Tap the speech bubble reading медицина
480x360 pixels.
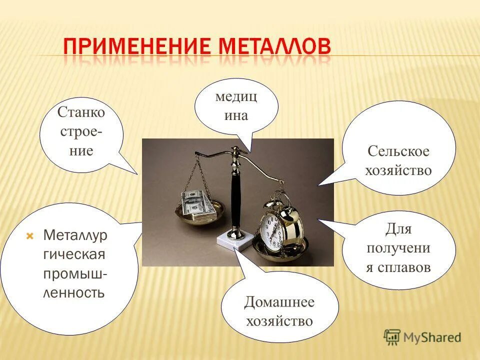pyautogui.click(x=236, y=105)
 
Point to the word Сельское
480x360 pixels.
pyautogui.click(x=398, y=151)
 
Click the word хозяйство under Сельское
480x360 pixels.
pyautogui.click(x=398, y=170)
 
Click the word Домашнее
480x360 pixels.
pyautogui.click(x=279, y=302)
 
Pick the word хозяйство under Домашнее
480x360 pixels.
pyautogui.click(x=279, y=321)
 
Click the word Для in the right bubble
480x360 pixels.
pyautogui.click(x=398, y=229)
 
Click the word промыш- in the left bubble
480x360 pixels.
pyautogui.click(x=75, y=273)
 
